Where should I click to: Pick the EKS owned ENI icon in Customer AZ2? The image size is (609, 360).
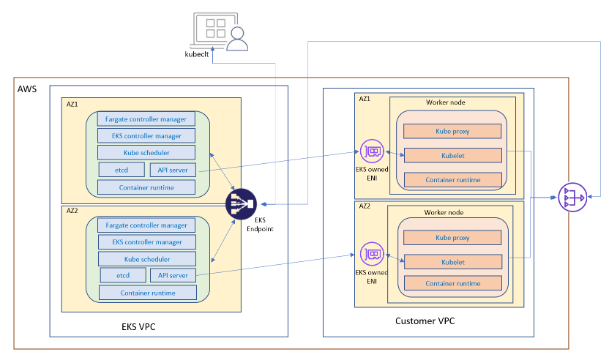click(x=370, y=255)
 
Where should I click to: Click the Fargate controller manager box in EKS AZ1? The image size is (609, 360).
click(x=146, y=119)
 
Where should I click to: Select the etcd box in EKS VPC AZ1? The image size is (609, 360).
click(x=121, y=170)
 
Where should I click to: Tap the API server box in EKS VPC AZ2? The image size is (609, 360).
click(x=173, y=275)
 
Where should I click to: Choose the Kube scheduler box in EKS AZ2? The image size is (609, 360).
click(x=146, y=258)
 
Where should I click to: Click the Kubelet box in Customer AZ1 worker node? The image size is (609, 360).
click(x=454, y=154)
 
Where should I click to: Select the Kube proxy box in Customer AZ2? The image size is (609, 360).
click(x=452, y=238)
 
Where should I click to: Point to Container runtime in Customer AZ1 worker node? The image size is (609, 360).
click(x=454, y=179)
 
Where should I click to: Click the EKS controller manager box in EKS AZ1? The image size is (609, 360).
click(x=146, y=135)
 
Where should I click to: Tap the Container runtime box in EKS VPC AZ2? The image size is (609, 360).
click(x=147, y=293)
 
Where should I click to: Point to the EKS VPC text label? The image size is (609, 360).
click(x=138, y=326)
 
